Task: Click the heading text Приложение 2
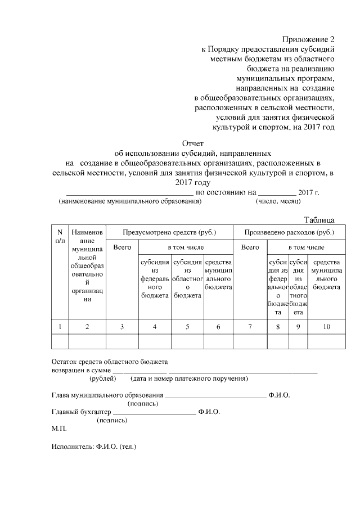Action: [308, 39]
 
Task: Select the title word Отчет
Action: [193, 143]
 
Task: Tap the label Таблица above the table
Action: [320, 219]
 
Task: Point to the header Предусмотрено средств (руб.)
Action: [169, 232]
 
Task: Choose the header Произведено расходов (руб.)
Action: [289, 232]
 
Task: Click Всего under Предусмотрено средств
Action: [122, 247]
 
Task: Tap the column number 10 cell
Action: [326, 326]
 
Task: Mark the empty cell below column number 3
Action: [122, 341]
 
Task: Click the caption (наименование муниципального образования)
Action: [130, 201]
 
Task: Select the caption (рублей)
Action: [102, 379]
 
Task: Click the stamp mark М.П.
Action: [58, 429]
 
